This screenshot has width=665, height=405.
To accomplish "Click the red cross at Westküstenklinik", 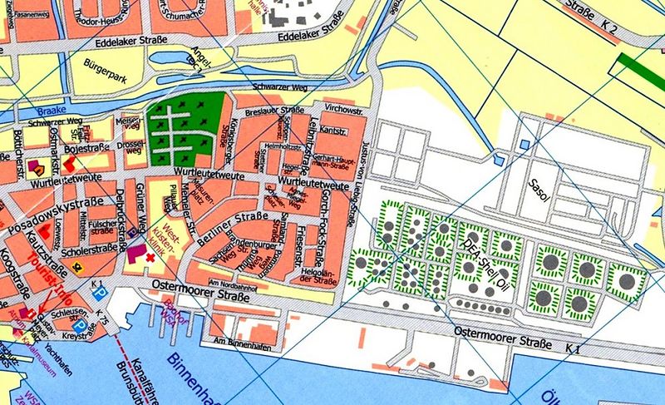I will tap(150, 259).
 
